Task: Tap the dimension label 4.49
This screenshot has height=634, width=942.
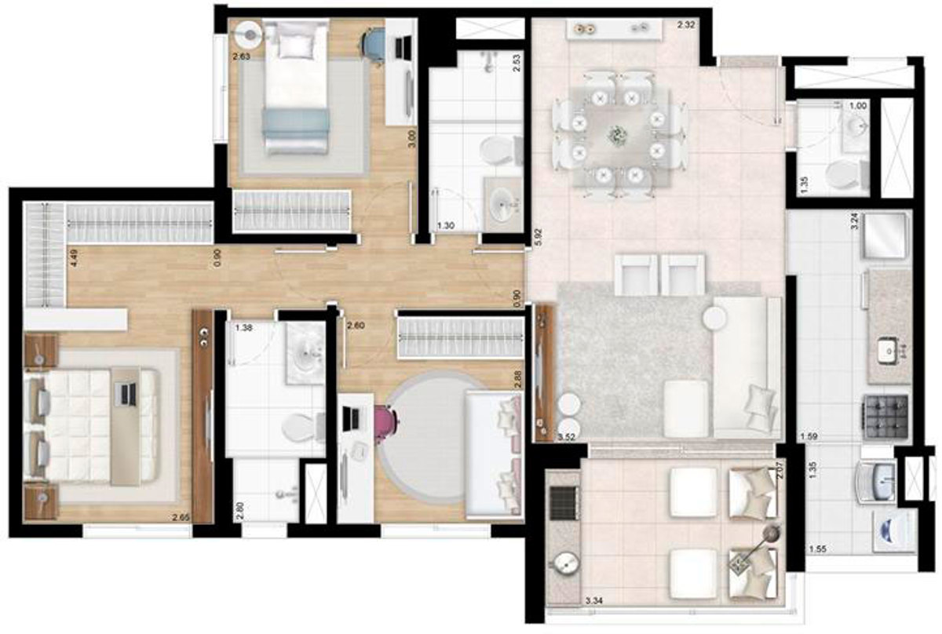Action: pos(73,258)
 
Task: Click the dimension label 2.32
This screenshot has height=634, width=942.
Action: pos(686,27)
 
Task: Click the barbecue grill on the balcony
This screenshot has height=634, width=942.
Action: pos(563,502)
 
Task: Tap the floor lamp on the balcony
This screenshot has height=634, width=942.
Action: pos(772,534)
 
